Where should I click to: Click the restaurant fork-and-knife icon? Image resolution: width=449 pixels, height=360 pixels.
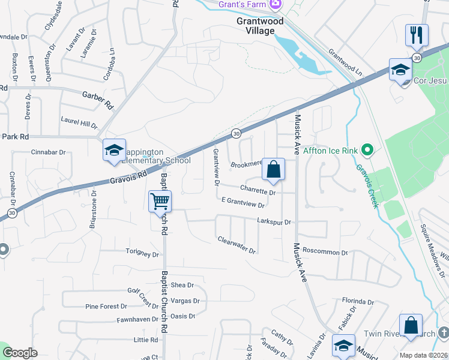416,35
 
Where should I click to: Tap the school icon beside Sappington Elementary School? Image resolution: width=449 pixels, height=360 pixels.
113,151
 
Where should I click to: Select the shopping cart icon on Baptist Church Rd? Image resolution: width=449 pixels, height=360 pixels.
160,200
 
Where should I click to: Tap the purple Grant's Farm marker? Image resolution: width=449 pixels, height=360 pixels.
276,5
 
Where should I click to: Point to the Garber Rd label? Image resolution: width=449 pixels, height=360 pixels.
97,97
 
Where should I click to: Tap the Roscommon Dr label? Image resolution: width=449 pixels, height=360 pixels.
325,253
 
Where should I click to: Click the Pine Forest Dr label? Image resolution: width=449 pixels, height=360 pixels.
106,307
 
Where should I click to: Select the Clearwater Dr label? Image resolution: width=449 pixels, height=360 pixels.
237,245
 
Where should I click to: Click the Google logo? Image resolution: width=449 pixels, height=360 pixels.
20,353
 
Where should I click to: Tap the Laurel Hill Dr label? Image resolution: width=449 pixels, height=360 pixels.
79,123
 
